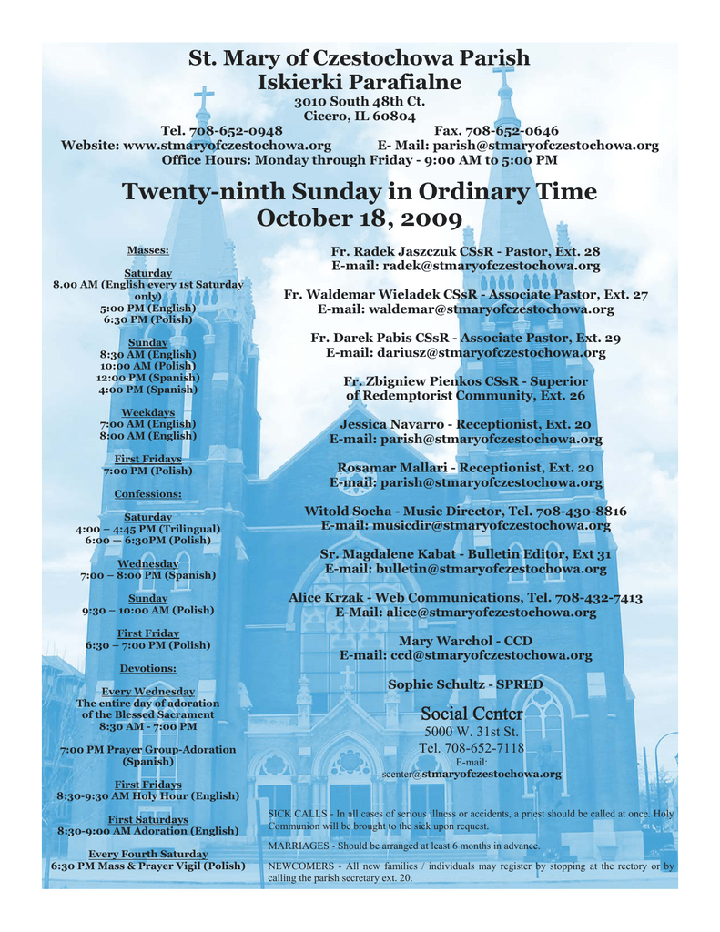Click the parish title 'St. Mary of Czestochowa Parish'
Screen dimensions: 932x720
[359, 59]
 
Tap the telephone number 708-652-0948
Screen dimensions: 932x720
[235, 131]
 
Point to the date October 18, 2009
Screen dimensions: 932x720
[359, 218]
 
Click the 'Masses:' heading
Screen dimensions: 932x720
[147, 250]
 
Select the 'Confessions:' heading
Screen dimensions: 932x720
[147, 494]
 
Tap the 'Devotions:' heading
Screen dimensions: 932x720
[147, 669]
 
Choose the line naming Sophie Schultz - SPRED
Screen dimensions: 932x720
[465, 684]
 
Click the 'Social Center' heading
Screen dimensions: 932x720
[472, 714]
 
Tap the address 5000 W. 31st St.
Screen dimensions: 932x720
[472, 732]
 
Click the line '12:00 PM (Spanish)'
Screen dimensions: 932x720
[147, 377]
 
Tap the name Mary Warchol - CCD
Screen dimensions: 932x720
[465, 641]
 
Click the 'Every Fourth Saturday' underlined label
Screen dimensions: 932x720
[147, 854]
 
